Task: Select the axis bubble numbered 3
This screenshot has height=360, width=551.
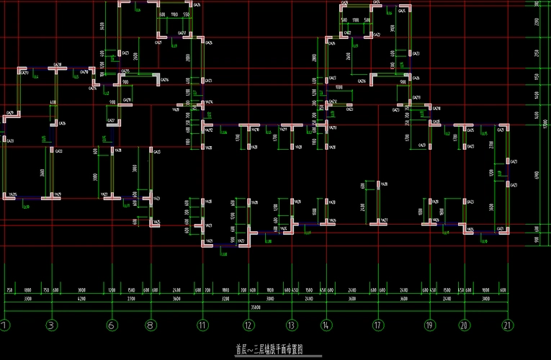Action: point(51,325)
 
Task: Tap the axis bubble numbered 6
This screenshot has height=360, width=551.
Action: point(112,325)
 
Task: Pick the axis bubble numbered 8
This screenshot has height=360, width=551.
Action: point(151,325)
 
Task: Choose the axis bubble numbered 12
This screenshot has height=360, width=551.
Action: point(247,325)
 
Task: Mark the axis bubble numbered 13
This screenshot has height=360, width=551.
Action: point(291,325)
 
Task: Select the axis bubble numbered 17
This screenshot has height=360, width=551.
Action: point(377,325)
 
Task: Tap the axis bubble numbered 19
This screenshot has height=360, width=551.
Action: point(430,325)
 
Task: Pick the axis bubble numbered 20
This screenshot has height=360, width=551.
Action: point(464,325)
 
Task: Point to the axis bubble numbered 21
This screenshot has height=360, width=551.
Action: point(509,325)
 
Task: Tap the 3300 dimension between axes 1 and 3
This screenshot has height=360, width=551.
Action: point(27,297)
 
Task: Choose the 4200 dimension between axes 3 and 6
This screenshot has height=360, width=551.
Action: point(81,297)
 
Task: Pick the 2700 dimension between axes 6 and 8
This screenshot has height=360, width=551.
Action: point(131,297)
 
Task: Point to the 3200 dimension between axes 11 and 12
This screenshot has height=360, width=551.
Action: point(225,297)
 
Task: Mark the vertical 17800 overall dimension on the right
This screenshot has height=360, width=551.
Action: point(547,122)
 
